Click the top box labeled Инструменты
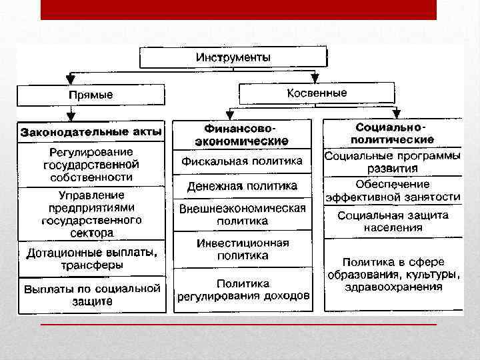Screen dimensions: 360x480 point(233,57)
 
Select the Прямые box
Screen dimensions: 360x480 point(91,95)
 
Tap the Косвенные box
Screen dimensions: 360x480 point(317,93)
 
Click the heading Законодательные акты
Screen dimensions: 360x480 point(91,131)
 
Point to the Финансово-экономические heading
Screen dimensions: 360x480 point(241,133)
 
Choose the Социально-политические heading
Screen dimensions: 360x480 point(393,132)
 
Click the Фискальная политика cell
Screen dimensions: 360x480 point(241,161)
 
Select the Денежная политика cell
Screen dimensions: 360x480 point(241,185)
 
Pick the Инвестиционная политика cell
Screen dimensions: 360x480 point(242,249)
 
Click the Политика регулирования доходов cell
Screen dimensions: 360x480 point(243,289)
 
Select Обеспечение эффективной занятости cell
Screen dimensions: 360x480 point(393,190)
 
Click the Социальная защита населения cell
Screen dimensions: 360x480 point(393,221)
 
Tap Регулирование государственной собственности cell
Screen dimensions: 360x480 point(91,164)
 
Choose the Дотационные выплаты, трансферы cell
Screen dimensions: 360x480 point(91,259)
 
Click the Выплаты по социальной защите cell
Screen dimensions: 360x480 point(92,295)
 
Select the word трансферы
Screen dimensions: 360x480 point(91,265)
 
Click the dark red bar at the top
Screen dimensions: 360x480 point(238,9)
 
